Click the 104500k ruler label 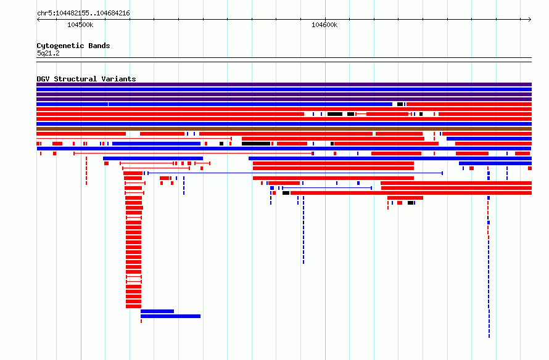[x=80, y=25]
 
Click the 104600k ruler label [x=324, y=25]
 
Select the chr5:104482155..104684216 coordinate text [x=83, y=14]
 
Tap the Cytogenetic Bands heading [x=73, y=46]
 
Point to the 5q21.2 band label [x=48, y=53]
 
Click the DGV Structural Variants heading [x=86, y=79]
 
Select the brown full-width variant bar [x=284, y=129]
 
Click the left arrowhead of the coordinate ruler [x=38, y=20]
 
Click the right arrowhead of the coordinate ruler [x=530, y=20]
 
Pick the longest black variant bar [x=256, y=144]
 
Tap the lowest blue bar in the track [x=170, y=316]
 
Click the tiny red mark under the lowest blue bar [x=141, y=321]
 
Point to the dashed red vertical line [x=86, y=171]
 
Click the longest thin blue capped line [x=295, y=173]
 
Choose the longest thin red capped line [x=193, y=153]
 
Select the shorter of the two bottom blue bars [x=157, y=311]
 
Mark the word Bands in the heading [x=99, y=46]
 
